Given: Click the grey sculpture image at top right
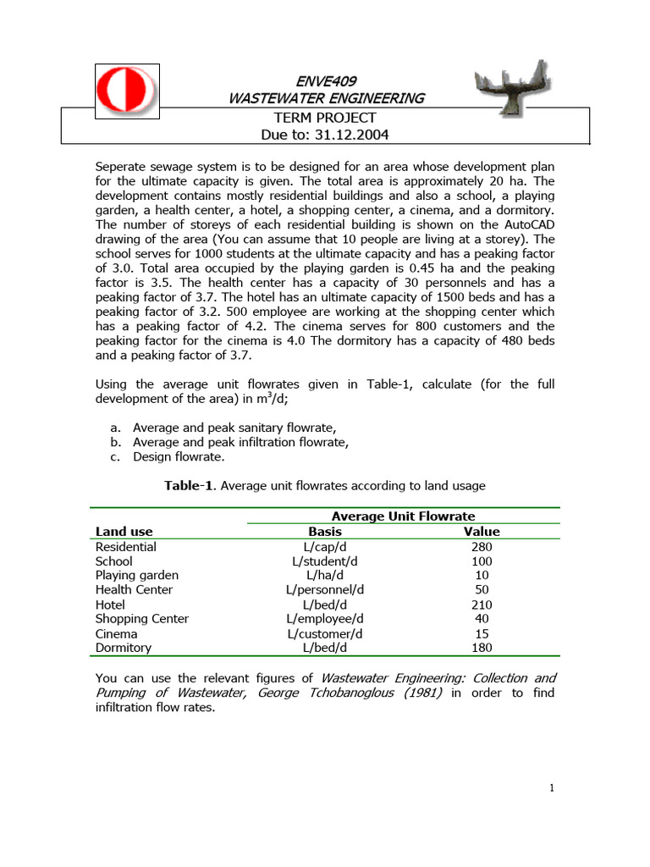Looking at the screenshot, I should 514,89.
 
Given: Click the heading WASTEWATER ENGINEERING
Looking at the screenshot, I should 326,98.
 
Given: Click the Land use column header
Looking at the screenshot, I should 124,532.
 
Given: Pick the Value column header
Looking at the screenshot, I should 482,532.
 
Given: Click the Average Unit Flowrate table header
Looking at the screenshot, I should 403,516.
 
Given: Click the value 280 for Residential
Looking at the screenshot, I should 482,547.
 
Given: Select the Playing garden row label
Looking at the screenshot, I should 137,576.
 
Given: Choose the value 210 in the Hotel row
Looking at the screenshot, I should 482,605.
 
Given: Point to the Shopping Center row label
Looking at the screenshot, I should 142,619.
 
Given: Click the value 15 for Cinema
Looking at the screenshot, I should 482,633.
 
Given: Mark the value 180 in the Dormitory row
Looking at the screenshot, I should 482,648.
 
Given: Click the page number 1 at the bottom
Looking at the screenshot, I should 551,789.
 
